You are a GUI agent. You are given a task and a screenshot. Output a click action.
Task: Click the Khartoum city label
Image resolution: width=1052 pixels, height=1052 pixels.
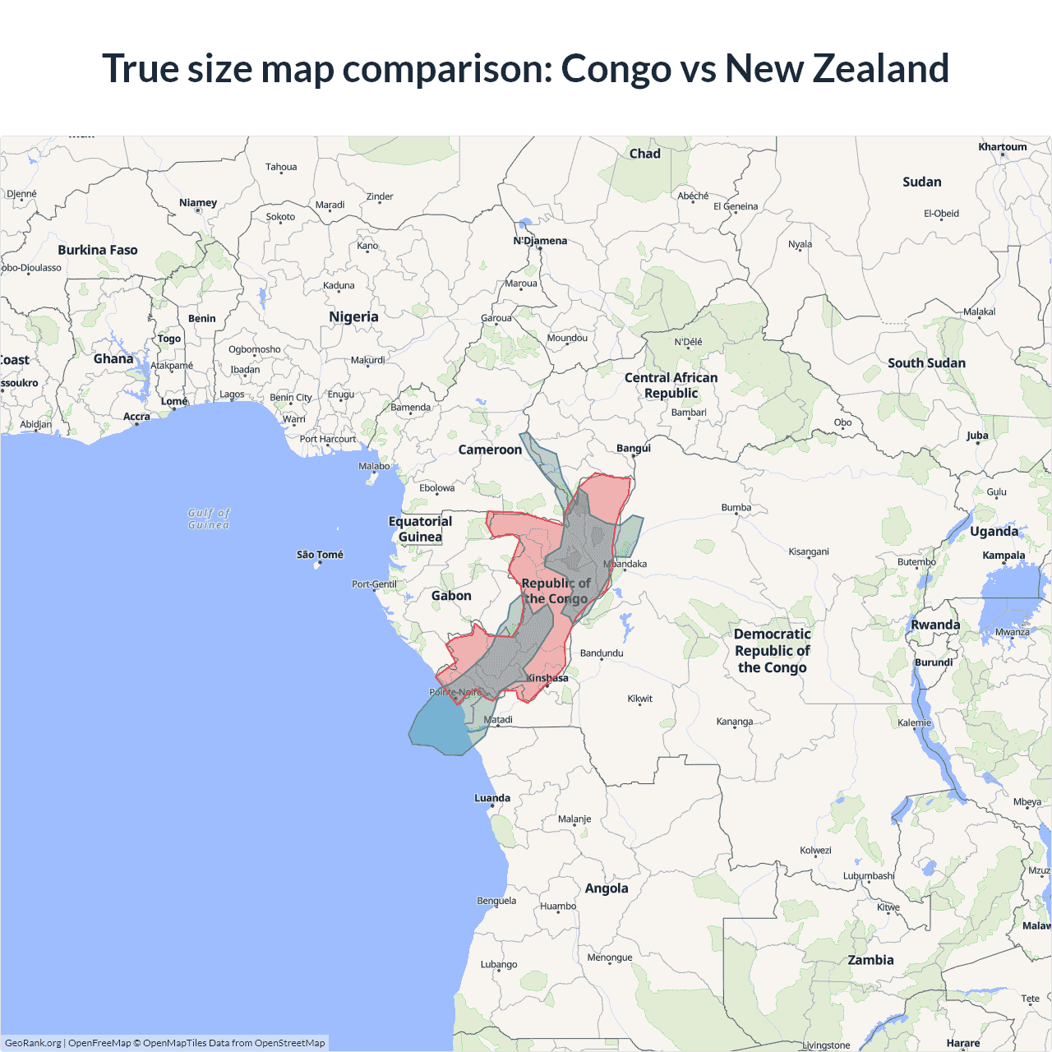point(1002,147)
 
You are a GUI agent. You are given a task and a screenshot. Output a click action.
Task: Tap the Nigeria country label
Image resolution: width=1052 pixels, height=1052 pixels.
point(353,317)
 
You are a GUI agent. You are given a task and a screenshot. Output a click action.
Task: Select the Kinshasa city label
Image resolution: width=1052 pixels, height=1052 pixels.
point(547,678)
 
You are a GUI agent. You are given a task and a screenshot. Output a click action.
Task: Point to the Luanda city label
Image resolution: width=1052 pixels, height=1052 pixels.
point(492,798)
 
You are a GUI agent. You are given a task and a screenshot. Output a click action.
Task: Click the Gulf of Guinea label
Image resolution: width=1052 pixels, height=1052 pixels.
point(209,519)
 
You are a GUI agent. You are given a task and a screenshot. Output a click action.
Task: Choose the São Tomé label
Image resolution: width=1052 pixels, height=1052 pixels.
point(320,555)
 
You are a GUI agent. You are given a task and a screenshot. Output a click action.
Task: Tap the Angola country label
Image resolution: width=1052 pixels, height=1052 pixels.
point(607,888)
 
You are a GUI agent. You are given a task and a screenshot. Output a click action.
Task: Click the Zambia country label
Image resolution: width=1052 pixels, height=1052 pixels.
point(870,960)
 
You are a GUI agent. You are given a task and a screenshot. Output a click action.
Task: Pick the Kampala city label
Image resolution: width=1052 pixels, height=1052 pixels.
point(1004,556)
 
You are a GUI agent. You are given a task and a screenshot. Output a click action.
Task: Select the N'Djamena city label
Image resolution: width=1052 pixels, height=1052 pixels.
point(540,241)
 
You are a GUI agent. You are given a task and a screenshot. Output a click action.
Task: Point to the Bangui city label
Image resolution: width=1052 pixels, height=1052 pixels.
point(634,448)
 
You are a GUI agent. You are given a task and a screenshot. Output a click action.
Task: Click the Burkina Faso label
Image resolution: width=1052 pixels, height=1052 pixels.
point(98,250)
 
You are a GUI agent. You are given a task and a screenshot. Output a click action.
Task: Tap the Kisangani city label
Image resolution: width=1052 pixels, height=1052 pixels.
point(809,551)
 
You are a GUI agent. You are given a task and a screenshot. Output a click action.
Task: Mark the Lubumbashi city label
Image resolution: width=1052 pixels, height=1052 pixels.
point(869,876)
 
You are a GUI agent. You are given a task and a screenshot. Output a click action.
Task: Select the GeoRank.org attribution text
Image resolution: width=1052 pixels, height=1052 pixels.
point(33,1043)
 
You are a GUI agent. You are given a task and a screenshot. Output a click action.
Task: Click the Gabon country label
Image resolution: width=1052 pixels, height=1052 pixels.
point(451,596)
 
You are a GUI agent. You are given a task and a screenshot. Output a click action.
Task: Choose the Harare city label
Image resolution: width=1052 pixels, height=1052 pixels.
point(963,1043)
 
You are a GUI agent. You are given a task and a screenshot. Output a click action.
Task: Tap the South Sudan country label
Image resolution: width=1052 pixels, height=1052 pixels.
point(926,363)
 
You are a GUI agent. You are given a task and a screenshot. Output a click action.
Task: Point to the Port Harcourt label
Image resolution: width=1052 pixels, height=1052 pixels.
point(328,439)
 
